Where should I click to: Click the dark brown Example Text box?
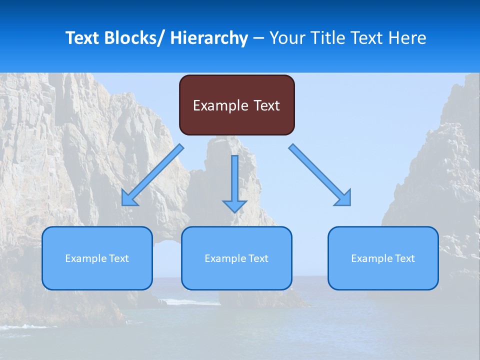click(236, 105)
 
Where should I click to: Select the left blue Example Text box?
click(97, 258)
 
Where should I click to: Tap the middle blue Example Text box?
click(236, 258)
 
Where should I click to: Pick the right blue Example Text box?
click(383, 258)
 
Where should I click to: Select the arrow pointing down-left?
click(152, 175)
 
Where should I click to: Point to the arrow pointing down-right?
click(320, 175)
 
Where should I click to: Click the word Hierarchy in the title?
click(209, 38)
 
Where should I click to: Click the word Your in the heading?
click(286, 38)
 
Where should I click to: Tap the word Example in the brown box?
click(220, 105)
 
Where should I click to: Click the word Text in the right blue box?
click(404, 258)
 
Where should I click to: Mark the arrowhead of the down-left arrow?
click(128, 199)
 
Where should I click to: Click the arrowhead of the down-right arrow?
click(344, 199)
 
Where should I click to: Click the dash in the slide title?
click(258, 38)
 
